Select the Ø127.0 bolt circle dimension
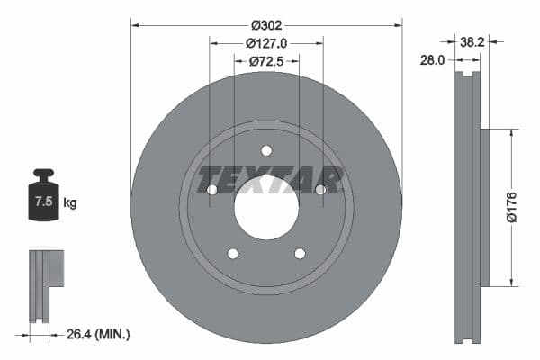coord(265,42)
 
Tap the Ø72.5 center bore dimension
coord(265,60)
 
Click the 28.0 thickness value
coord(433,60)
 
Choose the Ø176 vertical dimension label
coord(510,207)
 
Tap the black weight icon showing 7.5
coord(42,196)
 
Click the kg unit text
coord(70,203)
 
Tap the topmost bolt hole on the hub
coord(265,150)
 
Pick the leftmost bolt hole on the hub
coord(211,190)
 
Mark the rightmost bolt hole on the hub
coord(320,189)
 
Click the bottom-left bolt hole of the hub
coord(232,253)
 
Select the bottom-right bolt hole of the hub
coord(300,253)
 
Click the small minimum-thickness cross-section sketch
coord(45,284)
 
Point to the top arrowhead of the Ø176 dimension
coord(512,133)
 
